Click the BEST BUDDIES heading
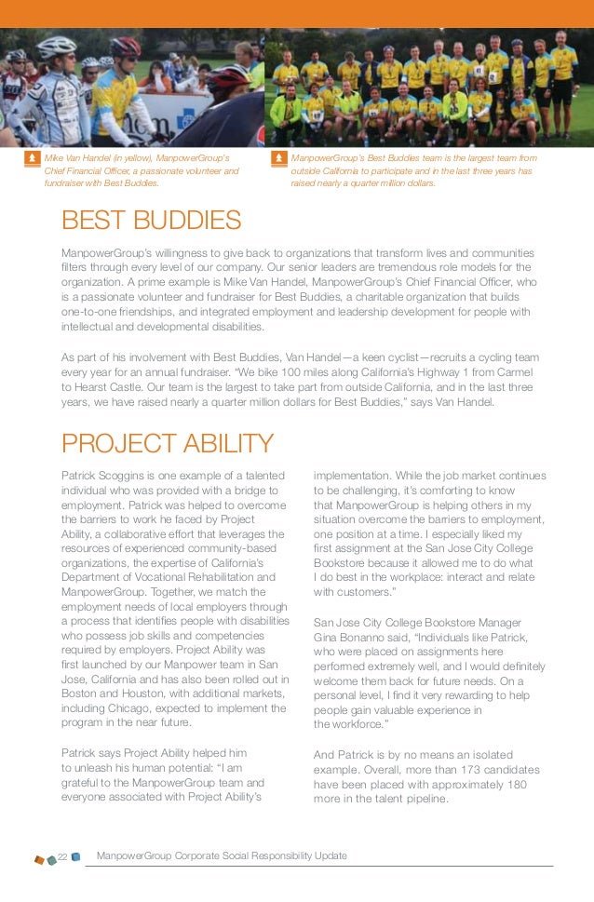[151, 221]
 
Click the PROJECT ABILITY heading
[168, 444]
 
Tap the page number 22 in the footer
[62, 855]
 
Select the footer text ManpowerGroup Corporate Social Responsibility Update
[222, 855]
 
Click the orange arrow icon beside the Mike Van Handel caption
[32, 159]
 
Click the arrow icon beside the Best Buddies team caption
[278, 159]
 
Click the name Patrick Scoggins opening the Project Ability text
[108, 476]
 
